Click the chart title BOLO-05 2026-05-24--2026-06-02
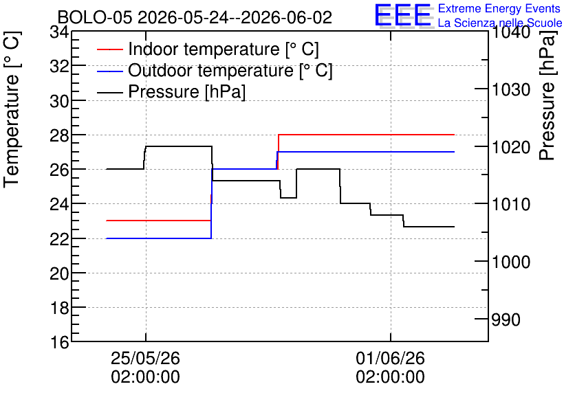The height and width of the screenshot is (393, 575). point(195,17)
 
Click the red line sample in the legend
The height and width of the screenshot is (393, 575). point(109,49)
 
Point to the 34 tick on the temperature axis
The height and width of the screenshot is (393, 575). point(59,32)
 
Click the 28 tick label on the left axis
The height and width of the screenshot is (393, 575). point(59,135)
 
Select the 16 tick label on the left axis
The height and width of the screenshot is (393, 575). point(59,342)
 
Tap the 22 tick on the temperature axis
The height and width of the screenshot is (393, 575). point(59,239)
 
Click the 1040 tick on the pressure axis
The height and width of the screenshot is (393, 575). point(511,32)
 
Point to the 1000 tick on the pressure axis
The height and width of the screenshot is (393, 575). point(511,262)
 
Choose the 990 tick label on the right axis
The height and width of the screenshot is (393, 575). point(506,319)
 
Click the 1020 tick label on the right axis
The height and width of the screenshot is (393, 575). point(511,148)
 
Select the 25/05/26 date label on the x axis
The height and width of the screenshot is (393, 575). point(146,358)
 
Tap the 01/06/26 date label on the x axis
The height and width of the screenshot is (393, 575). point(390,358)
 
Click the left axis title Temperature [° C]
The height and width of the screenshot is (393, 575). point(12,110)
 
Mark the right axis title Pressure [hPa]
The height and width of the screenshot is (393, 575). point(547,96)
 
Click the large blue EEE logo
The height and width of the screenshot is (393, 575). point(403,15)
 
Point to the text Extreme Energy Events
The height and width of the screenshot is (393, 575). point(499,8)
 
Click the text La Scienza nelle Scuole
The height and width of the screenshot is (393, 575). point(500,23)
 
